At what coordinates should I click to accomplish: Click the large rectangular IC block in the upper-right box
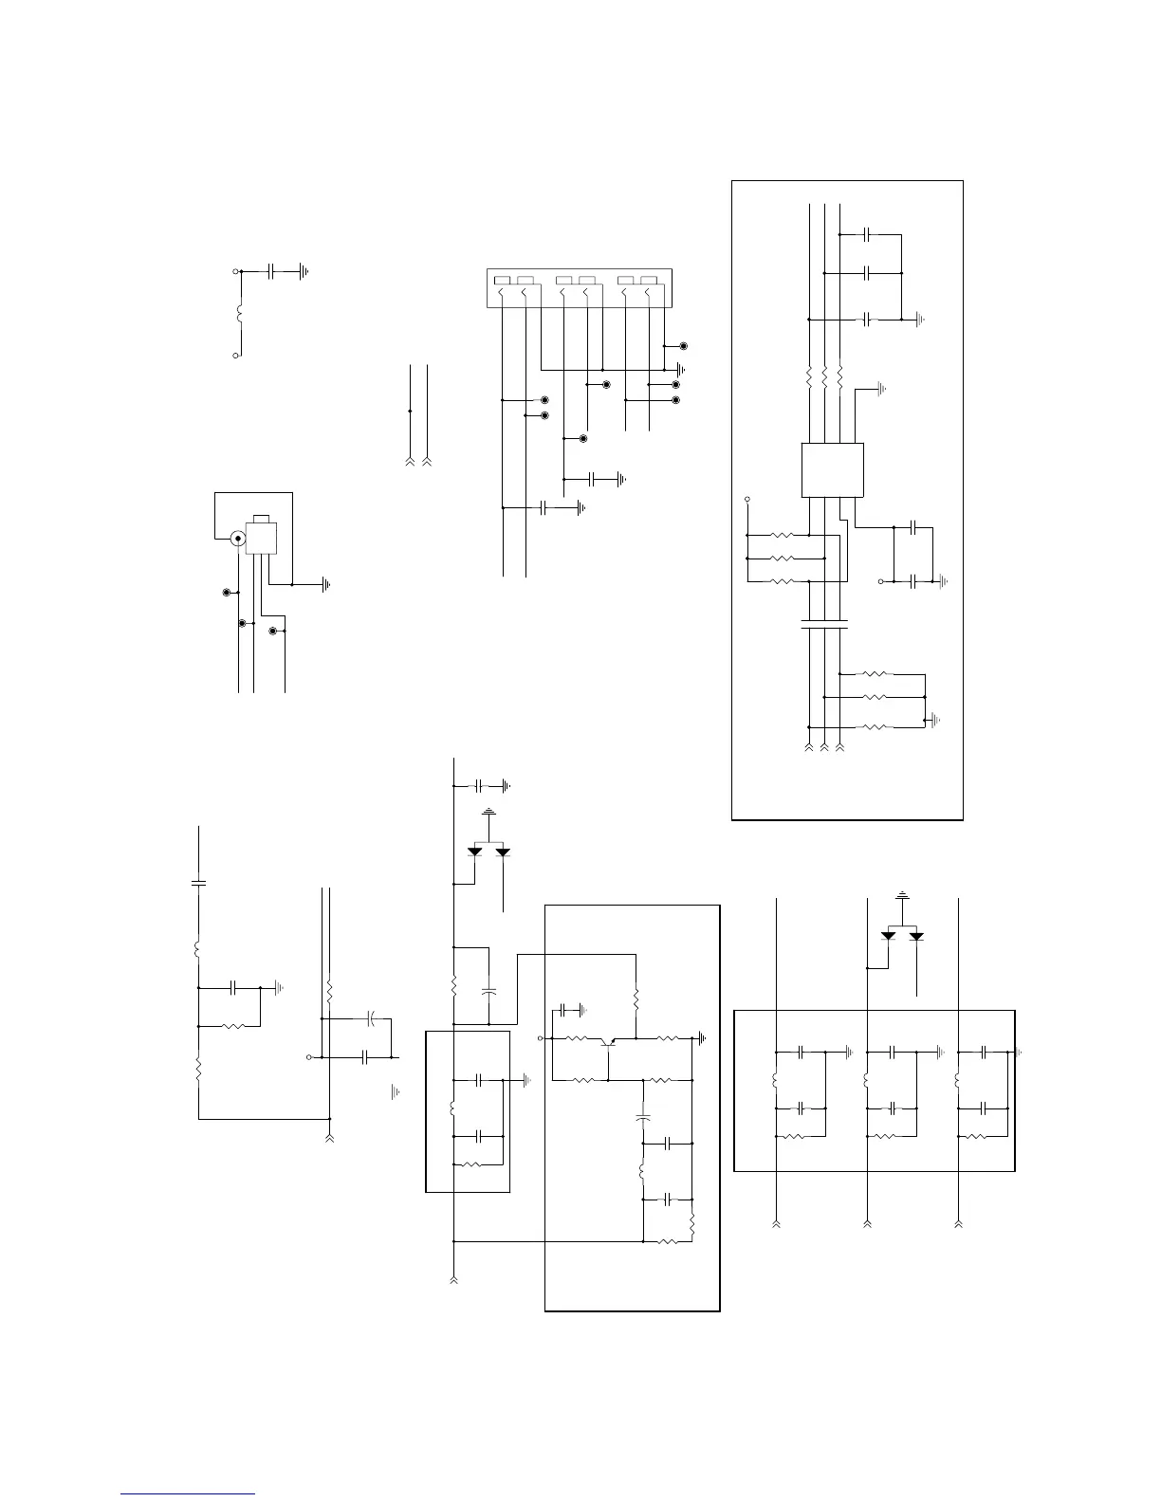833,469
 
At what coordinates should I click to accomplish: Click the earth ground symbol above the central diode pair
488,814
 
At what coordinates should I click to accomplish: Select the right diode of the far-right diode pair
916,936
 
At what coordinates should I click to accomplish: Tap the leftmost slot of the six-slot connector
501,280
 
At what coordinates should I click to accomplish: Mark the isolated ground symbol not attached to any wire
394,1092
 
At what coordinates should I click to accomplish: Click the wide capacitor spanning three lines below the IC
824,625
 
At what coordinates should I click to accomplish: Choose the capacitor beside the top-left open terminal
271,271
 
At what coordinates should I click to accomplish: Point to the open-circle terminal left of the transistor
541,1039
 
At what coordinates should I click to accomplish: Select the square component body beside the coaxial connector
260,538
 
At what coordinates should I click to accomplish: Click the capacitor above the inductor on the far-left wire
198,883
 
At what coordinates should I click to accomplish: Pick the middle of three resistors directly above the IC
825,376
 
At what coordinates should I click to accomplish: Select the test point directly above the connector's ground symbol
683,347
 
